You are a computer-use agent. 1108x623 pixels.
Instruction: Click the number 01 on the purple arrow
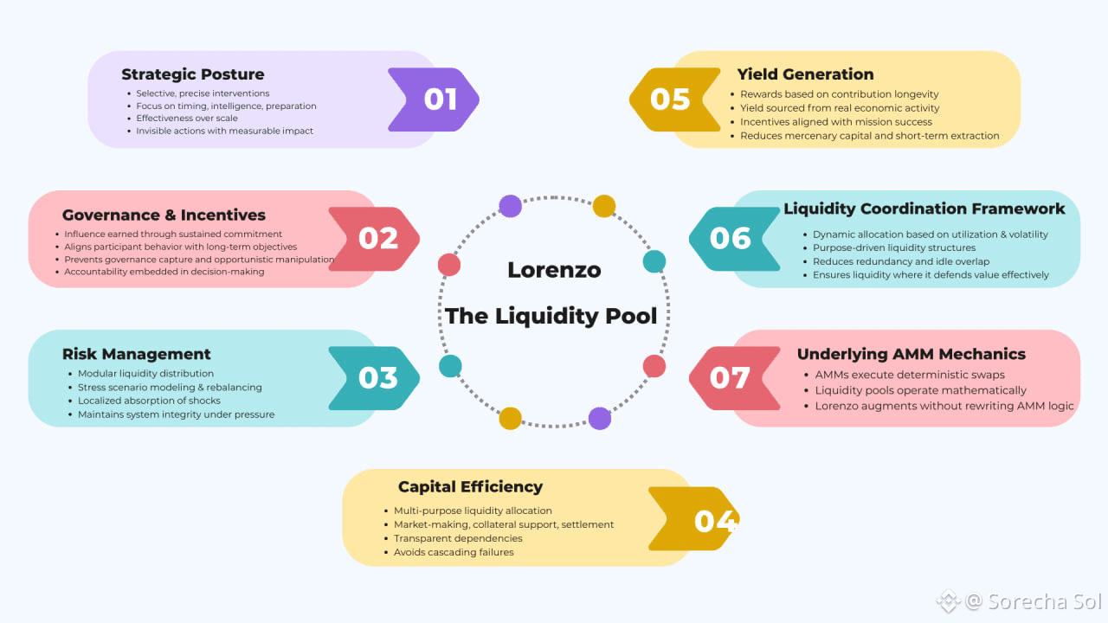pos(440,100)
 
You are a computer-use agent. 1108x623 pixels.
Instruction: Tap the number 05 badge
pos(670,100)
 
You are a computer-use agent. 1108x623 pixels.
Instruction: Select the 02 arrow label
pos(378,239)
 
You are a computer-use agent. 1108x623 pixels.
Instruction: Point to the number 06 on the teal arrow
pos(730,239)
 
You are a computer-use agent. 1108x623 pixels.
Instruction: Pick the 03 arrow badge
pos(378,378)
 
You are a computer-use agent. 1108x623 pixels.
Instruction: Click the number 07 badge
pos(730,378)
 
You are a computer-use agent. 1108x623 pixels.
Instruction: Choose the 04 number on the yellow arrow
pos(715,521)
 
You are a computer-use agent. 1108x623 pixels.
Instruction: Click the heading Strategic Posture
pos(192,74)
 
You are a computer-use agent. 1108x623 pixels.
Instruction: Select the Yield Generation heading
pos(805,74)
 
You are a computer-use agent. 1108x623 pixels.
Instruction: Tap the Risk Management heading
pos(136,354)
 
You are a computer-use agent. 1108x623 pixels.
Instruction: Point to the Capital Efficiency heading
pos(470,487)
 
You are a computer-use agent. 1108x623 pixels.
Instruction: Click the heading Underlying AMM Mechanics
pos(911,354)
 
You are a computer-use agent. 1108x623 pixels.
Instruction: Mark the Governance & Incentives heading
pos(164,215)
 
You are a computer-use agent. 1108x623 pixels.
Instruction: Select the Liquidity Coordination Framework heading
pos(924,209)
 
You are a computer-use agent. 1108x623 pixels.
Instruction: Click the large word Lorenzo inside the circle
pos(554,270)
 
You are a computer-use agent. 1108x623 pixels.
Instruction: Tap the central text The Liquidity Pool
pos(551,316)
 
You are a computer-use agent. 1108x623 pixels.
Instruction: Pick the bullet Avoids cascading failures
pos(454,552)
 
